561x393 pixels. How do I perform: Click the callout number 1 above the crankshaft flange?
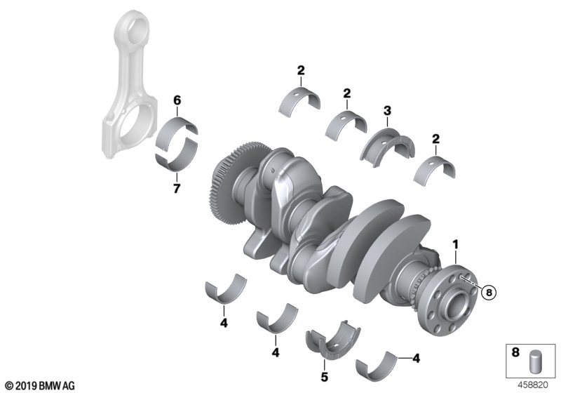pos(455,245)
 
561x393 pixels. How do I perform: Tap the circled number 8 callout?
pos(489,293)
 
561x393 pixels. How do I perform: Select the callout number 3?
pos(388,111)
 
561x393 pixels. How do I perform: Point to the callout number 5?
pos(324,377)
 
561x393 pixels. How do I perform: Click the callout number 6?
pos(177,100)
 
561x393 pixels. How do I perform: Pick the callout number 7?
pos(177,189)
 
